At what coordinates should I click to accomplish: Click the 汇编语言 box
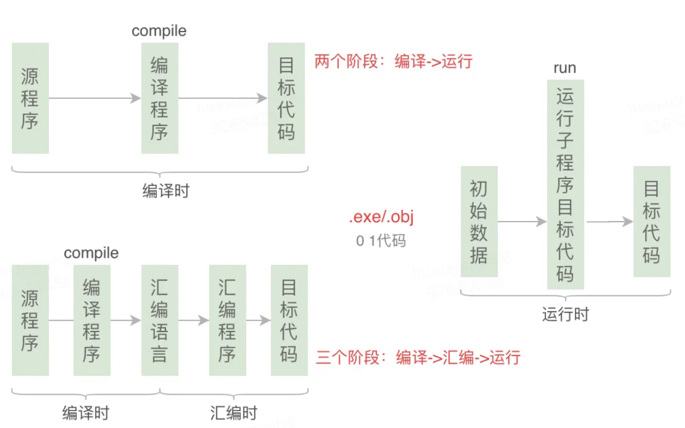point(160,320)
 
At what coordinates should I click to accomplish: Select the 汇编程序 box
point(227,320)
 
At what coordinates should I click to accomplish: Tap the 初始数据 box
point(479,221)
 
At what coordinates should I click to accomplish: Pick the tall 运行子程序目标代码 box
point(565,185)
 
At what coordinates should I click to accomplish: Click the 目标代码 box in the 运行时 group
point(652,221)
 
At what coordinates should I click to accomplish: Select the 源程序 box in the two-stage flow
point(30,98)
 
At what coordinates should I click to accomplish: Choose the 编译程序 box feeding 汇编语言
point(92,320)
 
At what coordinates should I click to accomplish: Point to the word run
point(565,68)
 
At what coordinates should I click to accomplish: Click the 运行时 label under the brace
point(565,315)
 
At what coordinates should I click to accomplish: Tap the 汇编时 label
point(233,413)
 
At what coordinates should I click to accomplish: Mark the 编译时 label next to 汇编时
point(86,413)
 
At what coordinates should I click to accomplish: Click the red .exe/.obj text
point(381,218)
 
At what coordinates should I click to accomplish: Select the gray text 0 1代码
point(381,240)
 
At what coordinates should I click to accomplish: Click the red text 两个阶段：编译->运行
point(393,61)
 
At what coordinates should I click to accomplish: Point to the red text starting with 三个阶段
point(418,357)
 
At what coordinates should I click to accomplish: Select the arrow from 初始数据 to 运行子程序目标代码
point(522,222)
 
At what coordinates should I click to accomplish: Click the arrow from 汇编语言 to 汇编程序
point(193,320)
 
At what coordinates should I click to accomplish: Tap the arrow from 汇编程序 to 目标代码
point(258,320)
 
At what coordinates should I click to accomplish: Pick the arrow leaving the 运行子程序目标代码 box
point(609,222)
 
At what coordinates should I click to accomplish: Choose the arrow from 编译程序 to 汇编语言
point(126,320)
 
